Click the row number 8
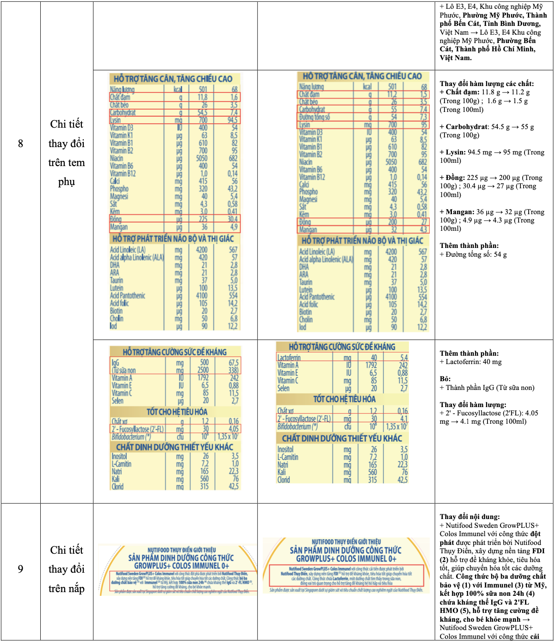pyautogui.click(x=20, y=144)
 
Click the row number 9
pyautogui.click(x=20, y=569)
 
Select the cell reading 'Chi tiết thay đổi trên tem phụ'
pyautogui.click(x=67, y=153)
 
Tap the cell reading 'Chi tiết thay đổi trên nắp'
pyautogui.click(x=67, y=569)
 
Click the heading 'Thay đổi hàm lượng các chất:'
pyautogui.click(x=487, y=84)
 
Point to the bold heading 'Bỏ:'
pyautogui.click(x=445, y=379)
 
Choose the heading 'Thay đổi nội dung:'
pyautogui.click(x=470, y=517)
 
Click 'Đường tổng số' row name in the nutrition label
pyautogui.click(x=315, y=117)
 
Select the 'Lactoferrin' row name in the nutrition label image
pyautogui.click(x=289, y=358)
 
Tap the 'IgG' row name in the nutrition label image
pyautogui.click(x=115, y=363)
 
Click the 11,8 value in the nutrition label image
pyautogui.click(x=202, y=97)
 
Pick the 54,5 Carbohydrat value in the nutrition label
pyautogui.click(x=202, y=112)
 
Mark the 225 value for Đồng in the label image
pyautogui.click(x=203, y=219)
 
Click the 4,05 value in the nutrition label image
pyautogui.click(x=234, y=429)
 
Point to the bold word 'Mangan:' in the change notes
pyautogui.click(x=460, y=212)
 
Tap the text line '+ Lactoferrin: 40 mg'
pyautogui.click(x=470, y=362)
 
